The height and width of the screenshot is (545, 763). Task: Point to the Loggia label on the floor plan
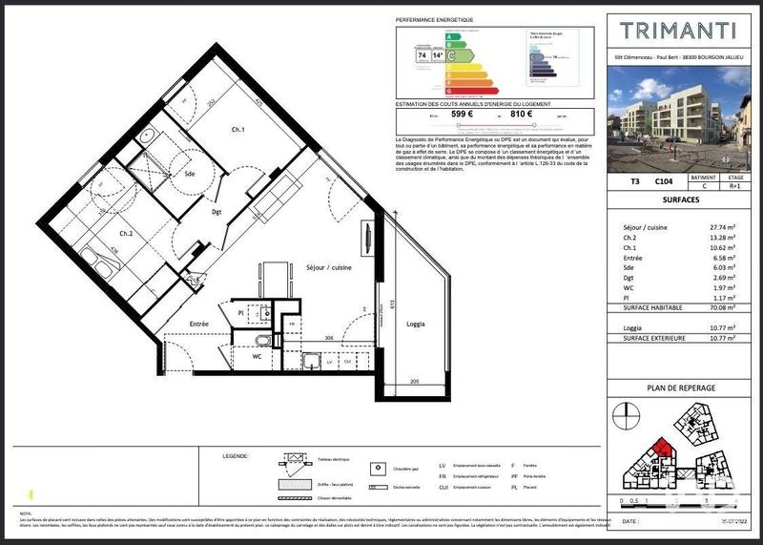click(x=416, y=323)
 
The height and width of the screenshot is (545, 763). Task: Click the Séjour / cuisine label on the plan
click(x=328, y=268)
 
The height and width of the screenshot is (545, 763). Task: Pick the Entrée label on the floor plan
click(x=199, y=325)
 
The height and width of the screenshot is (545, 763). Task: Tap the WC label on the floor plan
click(x=257, y=356)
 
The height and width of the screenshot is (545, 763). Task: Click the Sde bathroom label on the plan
click(x=190, y=173)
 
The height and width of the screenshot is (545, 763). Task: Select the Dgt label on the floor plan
click(x=217, y=213)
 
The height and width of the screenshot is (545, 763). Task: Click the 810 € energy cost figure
click(x=522, y=115)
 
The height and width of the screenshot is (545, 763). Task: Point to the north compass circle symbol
click(x=625, y=416)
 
